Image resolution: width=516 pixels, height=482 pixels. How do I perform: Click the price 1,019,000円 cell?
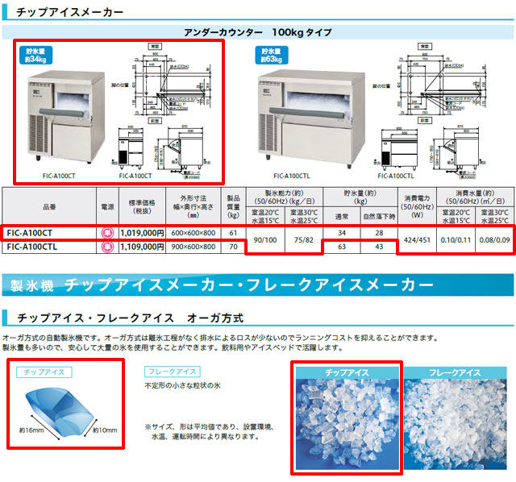142,233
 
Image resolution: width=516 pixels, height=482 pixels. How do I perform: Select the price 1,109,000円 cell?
142,247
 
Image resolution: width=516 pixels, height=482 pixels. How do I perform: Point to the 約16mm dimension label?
32,431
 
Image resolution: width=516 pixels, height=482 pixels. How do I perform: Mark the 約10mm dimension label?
105,430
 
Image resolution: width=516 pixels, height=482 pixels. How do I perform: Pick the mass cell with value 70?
233,247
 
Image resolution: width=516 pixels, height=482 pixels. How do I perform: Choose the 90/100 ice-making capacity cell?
264,239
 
